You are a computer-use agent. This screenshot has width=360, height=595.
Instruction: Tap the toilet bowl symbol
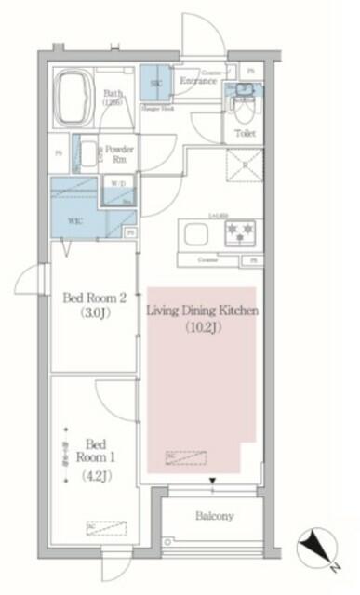click(x=244, y=112)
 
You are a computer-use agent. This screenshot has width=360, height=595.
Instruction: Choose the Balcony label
click(x=214, y=516)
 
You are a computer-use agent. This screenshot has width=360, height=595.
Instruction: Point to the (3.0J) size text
click(x=93, y=312)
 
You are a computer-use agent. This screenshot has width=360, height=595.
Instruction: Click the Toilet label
click(x=244, y=134)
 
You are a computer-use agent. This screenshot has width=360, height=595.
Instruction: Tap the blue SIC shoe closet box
click(x=153, y=82)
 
